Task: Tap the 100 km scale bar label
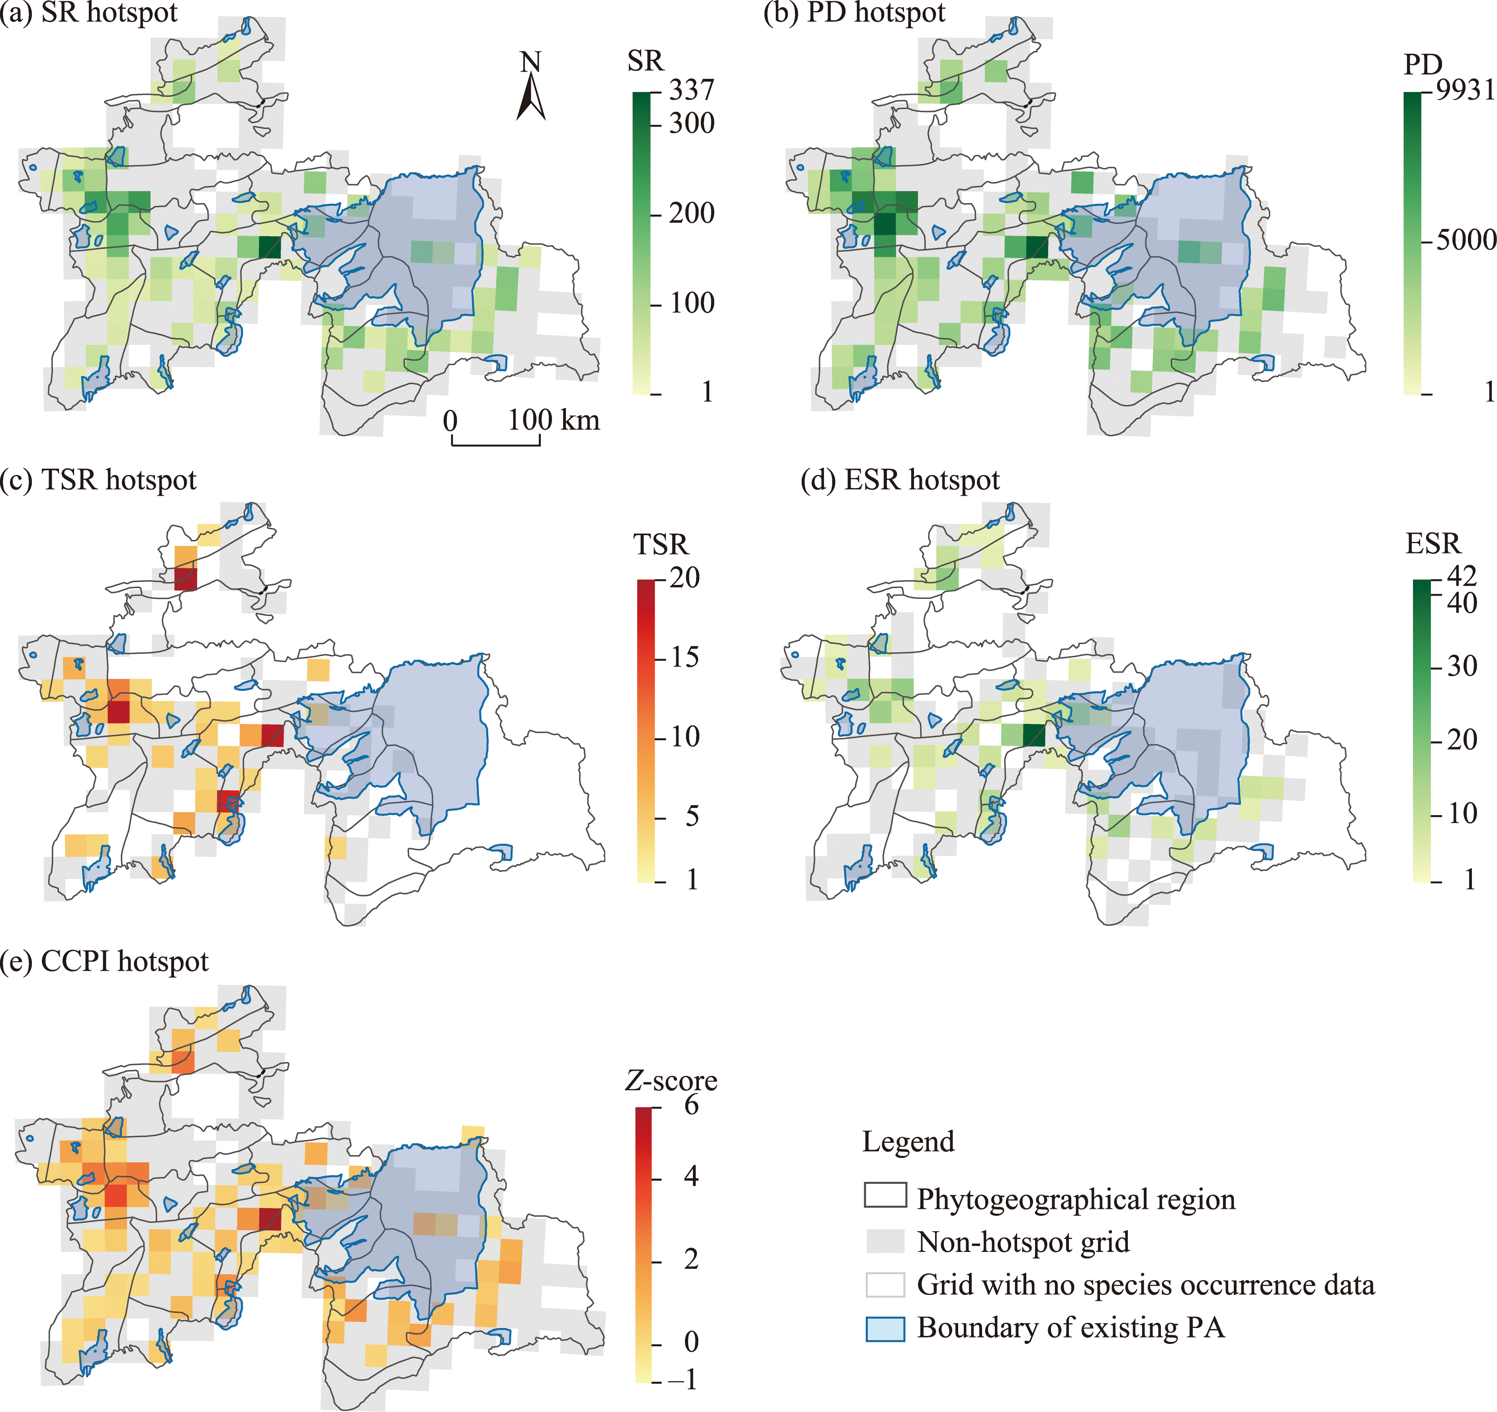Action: (554, 420)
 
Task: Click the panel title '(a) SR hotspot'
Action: (89, 13)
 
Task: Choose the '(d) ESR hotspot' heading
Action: (900, 480)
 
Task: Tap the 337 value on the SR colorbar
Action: (691, 90)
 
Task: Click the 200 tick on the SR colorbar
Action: (691, 213)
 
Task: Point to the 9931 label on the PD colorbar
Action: (1465, 90)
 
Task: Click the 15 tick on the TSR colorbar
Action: (685, 657)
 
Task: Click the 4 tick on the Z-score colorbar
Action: (691, 1176)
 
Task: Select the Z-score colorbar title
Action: (671, 1081)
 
